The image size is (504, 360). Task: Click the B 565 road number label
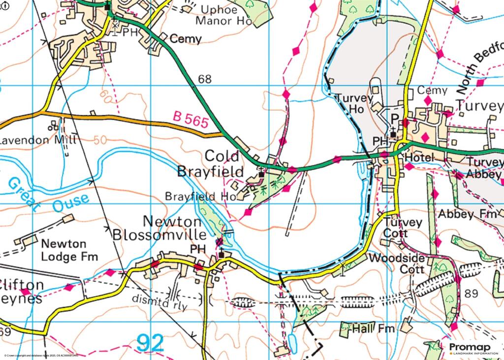(190, 121)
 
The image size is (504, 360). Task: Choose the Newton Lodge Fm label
(69, 250)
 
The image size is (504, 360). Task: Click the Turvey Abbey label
(484, 168)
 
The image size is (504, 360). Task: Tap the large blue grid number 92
(150, 343)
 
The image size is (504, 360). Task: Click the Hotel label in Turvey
(419, 157)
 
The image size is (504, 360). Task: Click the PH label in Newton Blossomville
(197, 250)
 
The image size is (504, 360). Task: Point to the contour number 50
(100, 140)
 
